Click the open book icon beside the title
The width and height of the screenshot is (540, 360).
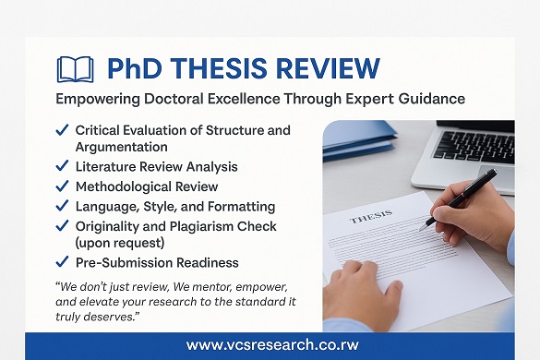coord(75,69)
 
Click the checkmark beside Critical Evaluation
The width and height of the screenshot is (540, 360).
coord(62,130)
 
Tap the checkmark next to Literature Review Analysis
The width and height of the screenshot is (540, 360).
coord(62,167)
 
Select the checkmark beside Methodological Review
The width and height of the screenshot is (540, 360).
coord(62,186)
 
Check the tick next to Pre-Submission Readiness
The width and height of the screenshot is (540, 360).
coord(62,262)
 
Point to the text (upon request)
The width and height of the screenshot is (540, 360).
coord(120,244)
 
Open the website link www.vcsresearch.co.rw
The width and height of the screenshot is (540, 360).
coord(269,344)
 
